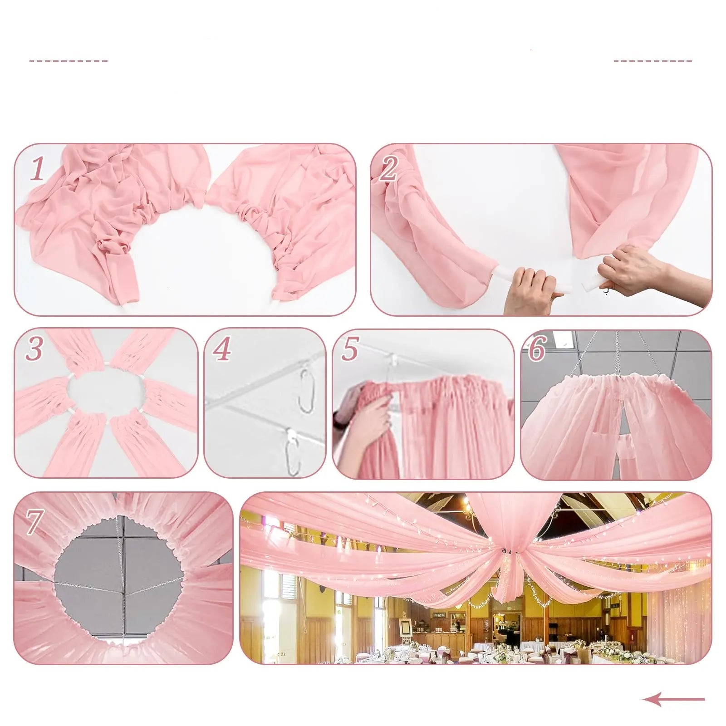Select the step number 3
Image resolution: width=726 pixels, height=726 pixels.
34,349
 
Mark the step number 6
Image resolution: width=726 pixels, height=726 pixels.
537,349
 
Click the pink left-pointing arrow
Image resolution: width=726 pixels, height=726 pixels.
673,699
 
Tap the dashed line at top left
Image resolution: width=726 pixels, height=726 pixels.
69,60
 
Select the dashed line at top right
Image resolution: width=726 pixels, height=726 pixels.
652,60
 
